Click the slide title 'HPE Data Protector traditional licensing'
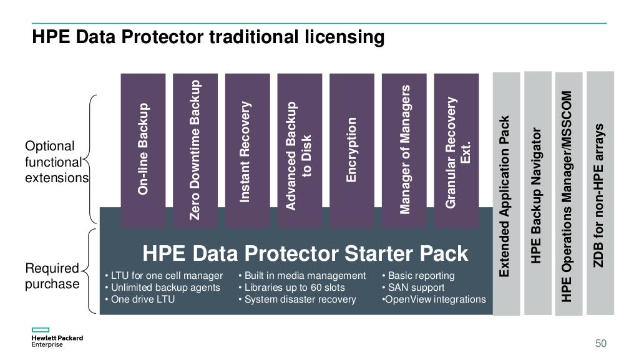pyautogui.click(x=208, y=38)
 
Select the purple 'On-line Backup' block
pyautogui.click(x=143, y=149)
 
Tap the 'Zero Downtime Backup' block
pyautogui.click(x=195, y=149)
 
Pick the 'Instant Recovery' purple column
pyautogui.click(x=246, y=149)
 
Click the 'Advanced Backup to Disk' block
pyautogui.click(x=298, y=149)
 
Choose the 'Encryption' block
pyautogui.click(x=351, y=149)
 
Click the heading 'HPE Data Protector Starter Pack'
pyautogui.click(x=305, y=254)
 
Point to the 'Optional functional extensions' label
pyautogui.click(x=56, y=162)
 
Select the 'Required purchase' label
pyautogui.click(x=52, y=276)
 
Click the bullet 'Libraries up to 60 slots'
pyautogui.click(x=294, y=288)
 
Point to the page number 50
pyautogui.click(x=600, y=344)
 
